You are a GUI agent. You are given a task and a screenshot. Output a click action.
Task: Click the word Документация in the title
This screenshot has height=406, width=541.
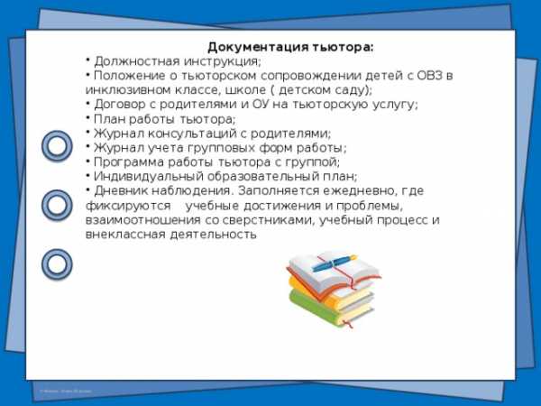pos(259,47)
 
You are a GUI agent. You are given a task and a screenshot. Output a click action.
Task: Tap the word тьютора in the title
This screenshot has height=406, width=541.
pos(343,47)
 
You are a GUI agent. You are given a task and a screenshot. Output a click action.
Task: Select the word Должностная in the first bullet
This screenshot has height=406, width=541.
pos(137,61)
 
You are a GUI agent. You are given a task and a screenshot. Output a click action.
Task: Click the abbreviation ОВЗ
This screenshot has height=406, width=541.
pos(429,76)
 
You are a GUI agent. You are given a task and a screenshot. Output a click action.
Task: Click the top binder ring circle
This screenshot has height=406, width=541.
pos(57,145)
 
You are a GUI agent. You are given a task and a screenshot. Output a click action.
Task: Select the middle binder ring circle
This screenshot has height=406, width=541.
pos(57,205)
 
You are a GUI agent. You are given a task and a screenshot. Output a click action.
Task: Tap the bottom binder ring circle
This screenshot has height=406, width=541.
pos(57,264)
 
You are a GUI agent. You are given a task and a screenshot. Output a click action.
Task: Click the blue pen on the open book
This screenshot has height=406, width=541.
pos(335,263)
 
